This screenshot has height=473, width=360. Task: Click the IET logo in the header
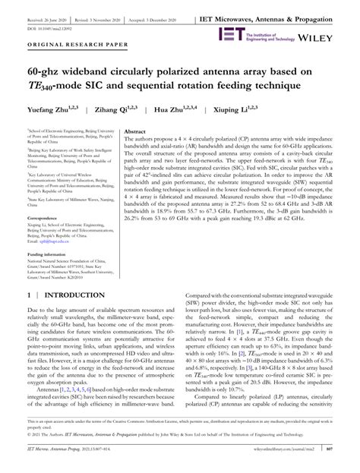(229, 34)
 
